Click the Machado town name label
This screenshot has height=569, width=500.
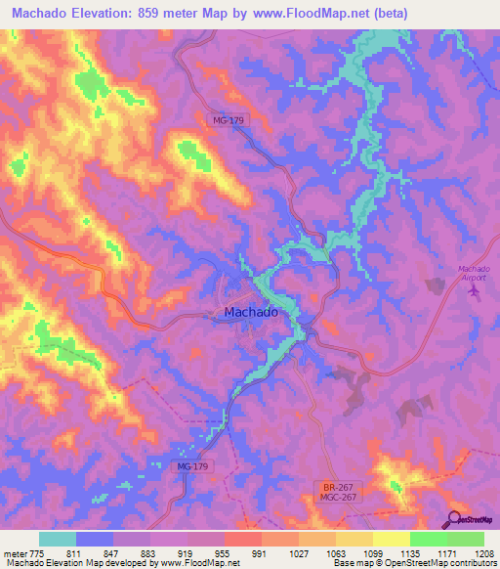pyautogui.click(x=251, y=313)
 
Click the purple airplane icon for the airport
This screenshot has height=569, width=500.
pyautogui.click(x=477, y=290)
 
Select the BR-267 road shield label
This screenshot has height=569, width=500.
pyautogui.click(x=337, y=486)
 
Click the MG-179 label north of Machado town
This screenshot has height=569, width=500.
pyautogui.click(x=231, y=119)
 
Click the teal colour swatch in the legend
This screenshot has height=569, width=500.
pyautogui.click(x=58, y=539)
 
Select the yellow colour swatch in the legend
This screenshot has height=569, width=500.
pyautogui.click(x=391, y=539)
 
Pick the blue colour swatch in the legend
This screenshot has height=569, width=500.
pyautogui.click(x=95, y=539)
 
